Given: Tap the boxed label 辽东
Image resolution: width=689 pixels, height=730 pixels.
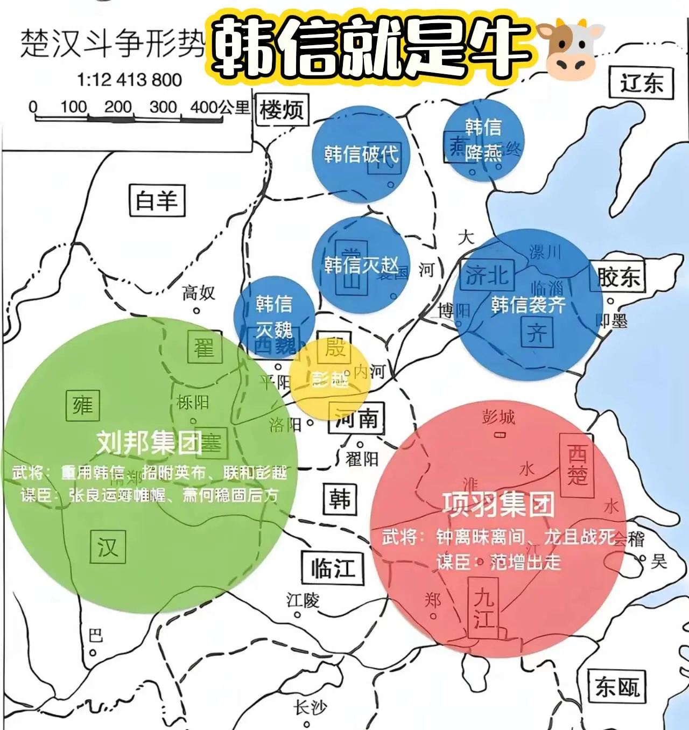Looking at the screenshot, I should (641, 83).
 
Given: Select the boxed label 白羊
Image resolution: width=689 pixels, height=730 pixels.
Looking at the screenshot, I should (157, 200).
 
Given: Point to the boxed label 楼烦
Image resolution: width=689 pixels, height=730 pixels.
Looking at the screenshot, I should (282, 110).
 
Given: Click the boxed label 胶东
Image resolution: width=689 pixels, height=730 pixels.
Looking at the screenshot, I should (618, 277).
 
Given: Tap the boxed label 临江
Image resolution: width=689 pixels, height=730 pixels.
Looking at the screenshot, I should (333, 568).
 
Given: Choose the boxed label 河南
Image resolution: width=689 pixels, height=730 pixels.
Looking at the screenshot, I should (357, 418).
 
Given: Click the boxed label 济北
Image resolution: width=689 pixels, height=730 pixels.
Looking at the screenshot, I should (487, 276).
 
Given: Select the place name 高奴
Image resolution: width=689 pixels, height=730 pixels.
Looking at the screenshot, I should (198, 293).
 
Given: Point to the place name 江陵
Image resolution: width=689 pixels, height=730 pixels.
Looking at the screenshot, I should (303, 600).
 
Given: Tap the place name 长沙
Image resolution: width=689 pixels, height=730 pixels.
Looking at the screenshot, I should (310, 707).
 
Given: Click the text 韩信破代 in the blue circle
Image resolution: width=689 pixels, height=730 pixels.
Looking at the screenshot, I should (361, 155).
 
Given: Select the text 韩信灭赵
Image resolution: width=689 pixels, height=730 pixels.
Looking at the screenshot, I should (361, 265).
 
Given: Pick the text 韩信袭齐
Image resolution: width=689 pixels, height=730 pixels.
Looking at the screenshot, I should (528, 305).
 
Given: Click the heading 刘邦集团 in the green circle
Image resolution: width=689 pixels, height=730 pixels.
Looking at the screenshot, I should (150, 443).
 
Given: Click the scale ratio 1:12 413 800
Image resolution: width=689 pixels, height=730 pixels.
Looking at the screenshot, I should (129, 80).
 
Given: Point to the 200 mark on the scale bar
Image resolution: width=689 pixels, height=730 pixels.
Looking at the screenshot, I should (118, 107).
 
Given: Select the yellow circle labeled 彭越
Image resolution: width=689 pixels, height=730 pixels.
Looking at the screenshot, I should (330, 380).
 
